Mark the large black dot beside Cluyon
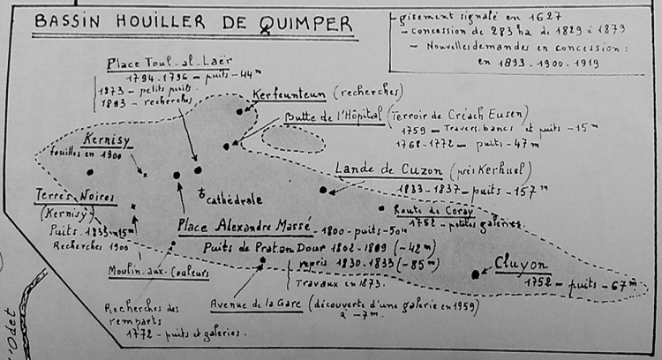click(x=476, y=274)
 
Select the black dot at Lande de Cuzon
click(x=324, y=190)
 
